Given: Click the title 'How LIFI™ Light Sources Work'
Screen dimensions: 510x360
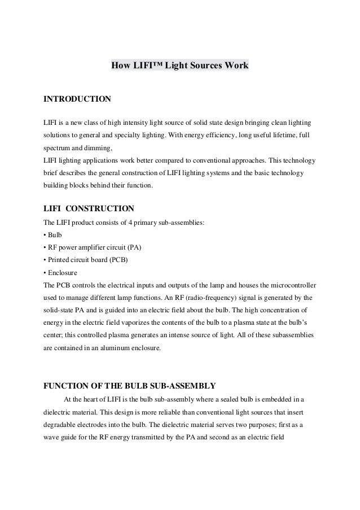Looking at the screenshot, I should [x=179, y=66].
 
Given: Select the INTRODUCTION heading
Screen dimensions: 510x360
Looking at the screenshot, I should [x=77, y=99].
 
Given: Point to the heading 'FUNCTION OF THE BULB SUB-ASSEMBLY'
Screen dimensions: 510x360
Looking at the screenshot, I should [x=129, y=386].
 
